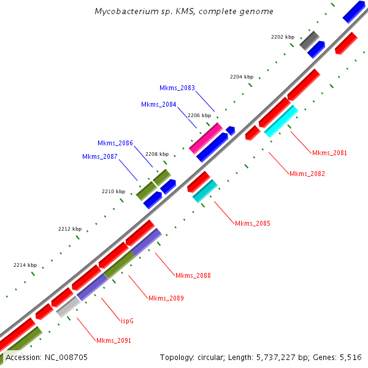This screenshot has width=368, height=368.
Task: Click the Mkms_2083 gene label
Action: (x=177, y=88)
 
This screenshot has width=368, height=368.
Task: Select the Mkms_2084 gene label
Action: (x=159, y=104)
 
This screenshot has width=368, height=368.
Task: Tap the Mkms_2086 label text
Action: (x=115, y=143)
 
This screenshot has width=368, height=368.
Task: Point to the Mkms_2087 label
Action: (x=100, y=156)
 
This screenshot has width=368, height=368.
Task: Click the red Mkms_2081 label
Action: (x=329, y=153)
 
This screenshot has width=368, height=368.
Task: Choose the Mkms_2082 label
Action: (x=307, y=174)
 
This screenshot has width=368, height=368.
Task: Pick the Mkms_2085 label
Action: (x=253, y=223)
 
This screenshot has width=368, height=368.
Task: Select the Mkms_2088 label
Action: (x=193, y=275)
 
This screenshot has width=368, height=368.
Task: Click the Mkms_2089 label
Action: (x=166, y=298)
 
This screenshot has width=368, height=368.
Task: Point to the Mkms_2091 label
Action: (x=113, y=340)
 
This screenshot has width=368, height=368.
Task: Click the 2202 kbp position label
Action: (x=283, y=37)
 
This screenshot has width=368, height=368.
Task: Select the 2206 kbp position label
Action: (x=199, y=115)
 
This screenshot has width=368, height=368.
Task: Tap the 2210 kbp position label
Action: (x=113, y=191)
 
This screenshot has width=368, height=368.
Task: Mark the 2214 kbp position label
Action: (x=25, y=265)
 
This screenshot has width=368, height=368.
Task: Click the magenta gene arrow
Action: (x=205, y=138)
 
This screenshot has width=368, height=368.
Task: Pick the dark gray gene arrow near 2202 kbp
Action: (x=309, y=41)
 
